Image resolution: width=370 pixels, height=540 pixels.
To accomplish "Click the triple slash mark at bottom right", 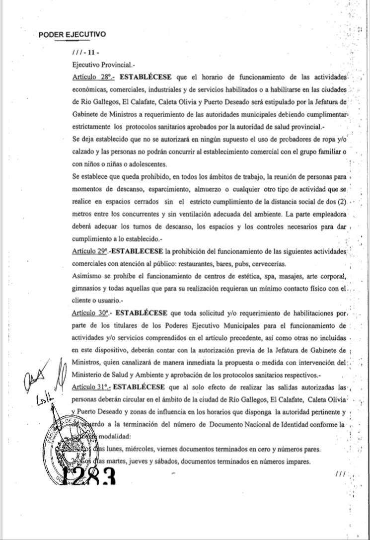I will (340, 475).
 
